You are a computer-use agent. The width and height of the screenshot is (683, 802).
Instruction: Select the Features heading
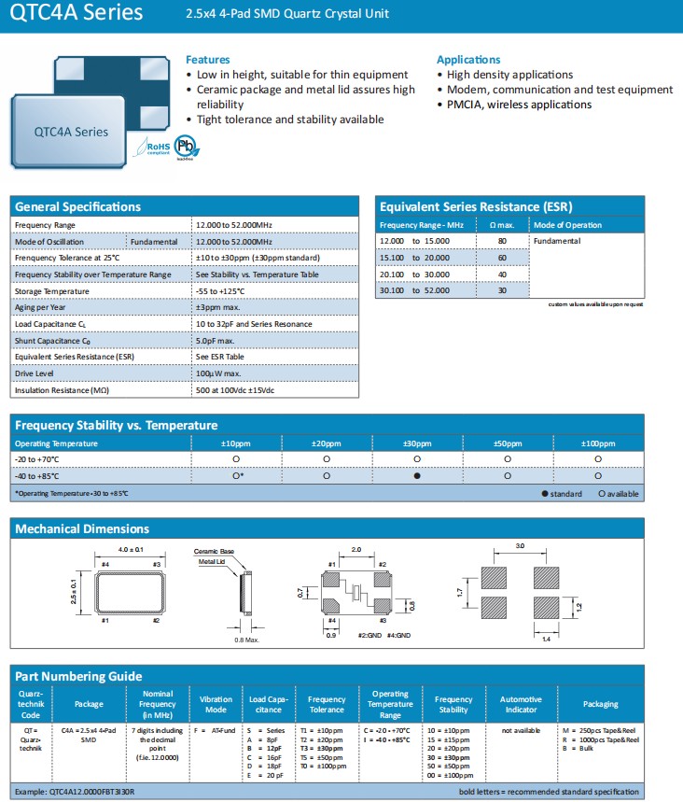point(208,60)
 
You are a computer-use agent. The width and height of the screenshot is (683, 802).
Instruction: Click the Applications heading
point(468,60)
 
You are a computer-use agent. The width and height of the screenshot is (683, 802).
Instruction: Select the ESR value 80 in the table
point(501,241)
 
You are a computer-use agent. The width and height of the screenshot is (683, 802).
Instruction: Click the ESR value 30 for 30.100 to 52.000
point(501,290)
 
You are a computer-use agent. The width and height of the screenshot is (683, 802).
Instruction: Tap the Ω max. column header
point(501,225)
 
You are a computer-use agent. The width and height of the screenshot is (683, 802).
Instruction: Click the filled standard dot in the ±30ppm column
point(417,476)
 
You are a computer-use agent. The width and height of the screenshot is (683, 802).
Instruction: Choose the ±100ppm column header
point(597,443)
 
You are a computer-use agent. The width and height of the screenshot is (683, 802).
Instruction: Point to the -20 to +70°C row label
point(36,459)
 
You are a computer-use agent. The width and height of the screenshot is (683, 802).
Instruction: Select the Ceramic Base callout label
point(214,552)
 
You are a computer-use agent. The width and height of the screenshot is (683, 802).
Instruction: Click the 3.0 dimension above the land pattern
point(521,544)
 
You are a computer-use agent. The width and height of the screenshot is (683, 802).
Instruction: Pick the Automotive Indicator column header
point(520,703)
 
